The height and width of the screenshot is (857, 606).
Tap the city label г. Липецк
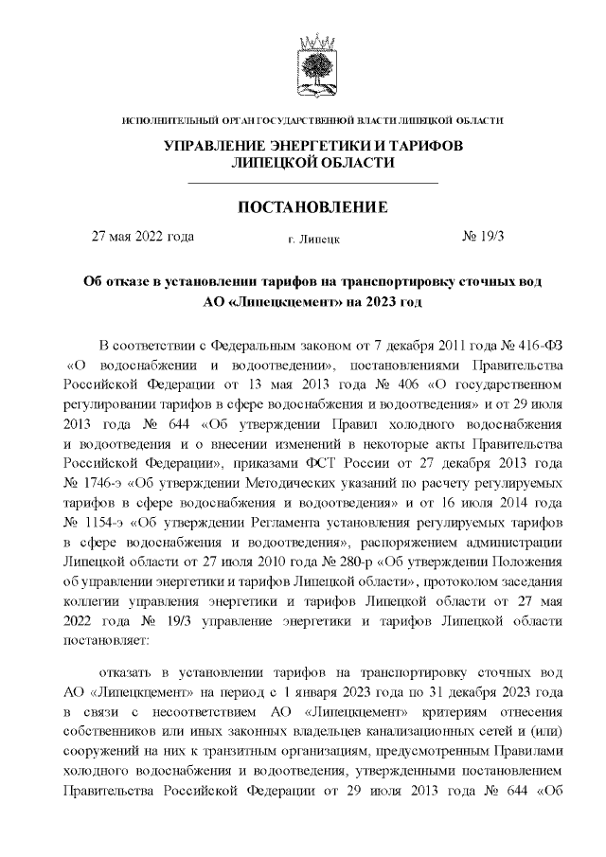point(313,241)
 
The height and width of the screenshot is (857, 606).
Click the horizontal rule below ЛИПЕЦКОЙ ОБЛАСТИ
point(313,181)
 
